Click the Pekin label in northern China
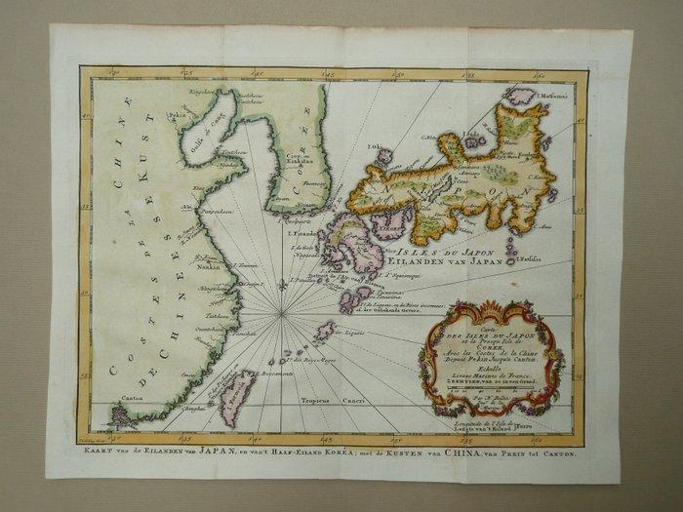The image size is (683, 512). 178,114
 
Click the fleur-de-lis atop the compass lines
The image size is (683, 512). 281,288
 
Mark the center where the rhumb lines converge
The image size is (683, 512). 281,312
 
